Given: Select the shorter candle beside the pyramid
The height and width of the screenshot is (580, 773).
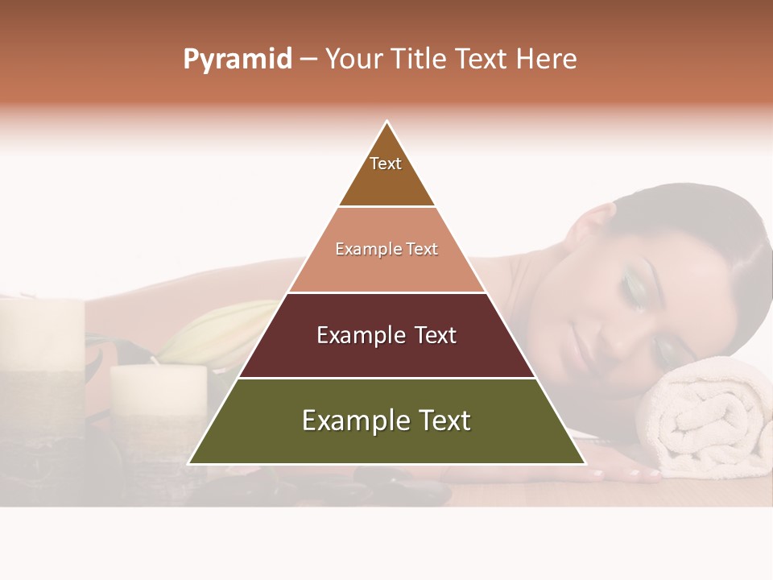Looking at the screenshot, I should point(157,403).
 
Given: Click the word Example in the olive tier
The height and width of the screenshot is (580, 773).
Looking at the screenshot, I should point(346,421).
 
